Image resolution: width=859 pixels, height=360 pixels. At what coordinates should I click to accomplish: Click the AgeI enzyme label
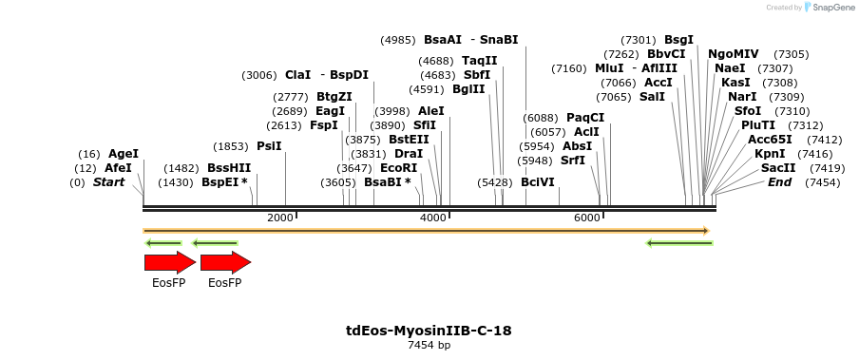(x=123, y=154)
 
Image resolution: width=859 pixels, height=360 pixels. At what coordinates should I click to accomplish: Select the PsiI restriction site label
(x=269, y=146)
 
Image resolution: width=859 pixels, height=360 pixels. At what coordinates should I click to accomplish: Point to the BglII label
(x=468, y=89)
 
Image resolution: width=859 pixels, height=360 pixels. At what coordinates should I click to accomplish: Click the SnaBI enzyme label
(x=499, y=40)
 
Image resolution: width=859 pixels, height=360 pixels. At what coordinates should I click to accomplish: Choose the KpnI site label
(x=770, y=154)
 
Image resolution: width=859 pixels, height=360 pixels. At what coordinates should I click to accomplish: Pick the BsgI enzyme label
(x=678, y=40)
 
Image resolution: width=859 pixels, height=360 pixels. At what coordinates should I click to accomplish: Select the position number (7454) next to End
(x=822, y=182)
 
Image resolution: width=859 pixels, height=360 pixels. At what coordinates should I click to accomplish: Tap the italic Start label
(x=108, y=182)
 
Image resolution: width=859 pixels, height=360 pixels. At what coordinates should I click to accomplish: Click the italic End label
(x=779, y=182)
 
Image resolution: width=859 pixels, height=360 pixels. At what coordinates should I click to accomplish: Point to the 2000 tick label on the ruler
(x=280, y=218)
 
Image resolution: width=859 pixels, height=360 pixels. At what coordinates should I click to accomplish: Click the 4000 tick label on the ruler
(x=433, y=218)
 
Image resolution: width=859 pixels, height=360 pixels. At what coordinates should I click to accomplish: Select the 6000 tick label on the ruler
(x=586, y=218)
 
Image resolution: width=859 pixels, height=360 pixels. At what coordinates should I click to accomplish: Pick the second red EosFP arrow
(x=225, y=262)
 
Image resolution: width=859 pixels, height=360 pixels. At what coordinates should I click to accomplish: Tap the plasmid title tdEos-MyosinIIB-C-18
(x=429, y=331)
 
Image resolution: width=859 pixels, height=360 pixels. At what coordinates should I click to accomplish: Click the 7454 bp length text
(x=429, y=345)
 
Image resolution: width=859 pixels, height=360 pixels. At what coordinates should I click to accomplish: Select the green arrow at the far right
(x=679, y=243)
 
